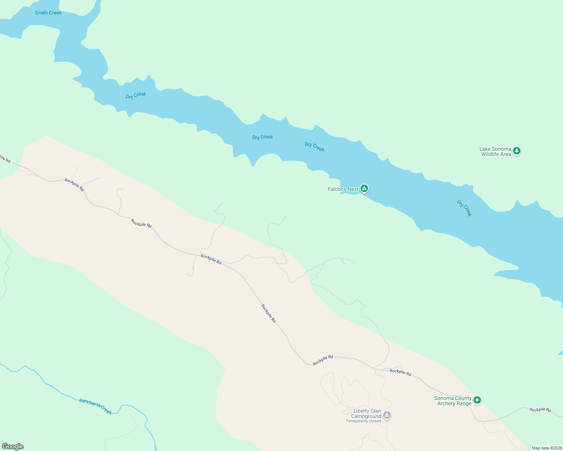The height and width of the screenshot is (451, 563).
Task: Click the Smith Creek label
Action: (x=48, y=13)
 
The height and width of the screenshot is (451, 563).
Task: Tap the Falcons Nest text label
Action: (x=343, y=189)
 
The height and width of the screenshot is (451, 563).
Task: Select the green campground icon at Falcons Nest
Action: (x=364, y=188)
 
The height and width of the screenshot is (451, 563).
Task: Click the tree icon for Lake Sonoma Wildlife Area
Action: (x=517, y=151)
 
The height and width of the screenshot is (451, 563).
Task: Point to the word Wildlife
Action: (x=491, y=154)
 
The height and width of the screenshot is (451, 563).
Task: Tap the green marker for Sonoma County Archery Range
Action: (x=477, y=400)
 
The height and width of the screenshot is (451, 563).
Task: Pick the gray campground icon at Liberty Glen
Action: (x=387, y=415)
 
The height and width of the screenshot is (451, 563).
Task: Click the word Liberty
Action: (x=362, y=411)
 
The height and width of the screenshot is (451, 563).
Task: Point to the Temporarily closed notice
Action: (x=364, y=421)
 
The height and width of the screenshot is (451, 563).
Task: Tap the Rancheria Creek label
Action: (x=96, y=406)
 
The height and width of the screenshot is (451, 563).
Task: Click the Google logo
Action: (x=13, y=446)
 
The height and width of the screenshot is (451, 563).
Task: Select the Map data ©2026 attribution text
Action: (x=547, y=448)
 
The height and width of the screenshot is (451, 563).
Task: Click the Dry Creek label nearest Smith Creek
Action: (x=136, y=95)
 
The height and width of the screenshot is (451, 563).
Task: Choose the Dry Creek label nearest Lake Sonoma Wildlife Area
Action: (x=464, y=208)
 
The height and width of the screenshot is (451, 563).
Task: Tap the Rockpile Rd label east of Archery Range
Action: (x=540, y=409)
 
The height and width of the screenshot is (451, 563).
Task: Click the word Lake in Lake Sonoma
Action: (x=485, y=149)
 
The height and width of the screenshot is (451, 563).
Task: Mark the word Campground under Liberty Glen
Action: (x=366, y=416)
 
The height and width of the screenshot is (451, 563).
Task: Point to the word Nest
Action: (x=353, y=189)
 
